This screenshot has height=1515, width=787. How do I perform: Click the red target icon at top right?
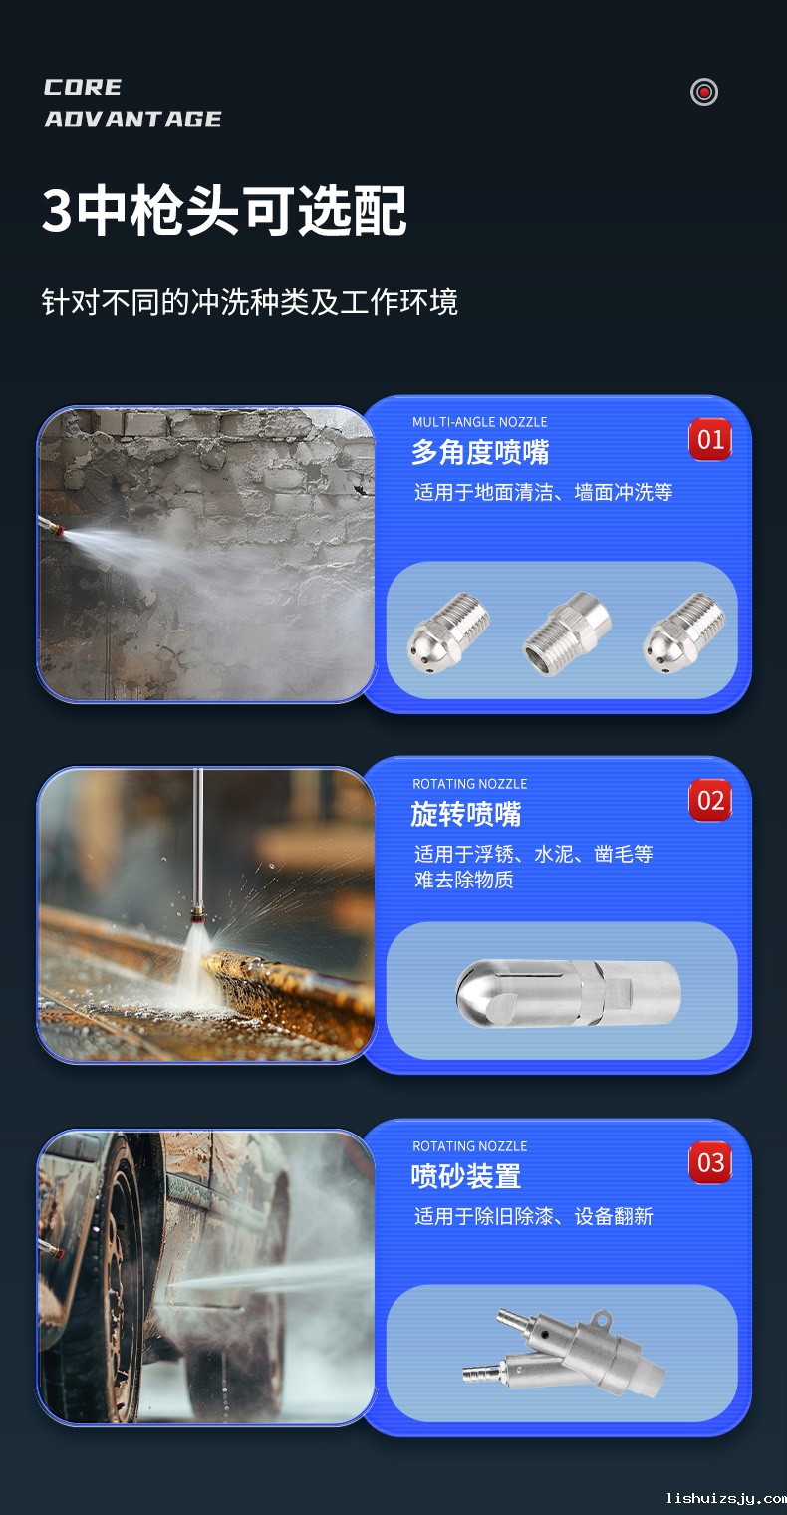click(704, 92)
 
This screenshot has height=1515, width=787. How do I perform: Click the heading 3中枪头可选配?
click(224, 211)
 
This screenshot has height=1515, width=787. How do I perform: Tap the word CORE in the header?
click(83, 88)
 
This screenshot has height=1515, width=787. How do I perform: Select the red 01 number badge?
click(710, 439)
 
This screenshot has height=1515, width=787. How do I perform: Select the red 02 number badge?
click(710, 800)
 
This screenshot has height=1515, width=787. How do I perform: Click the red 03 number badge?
click(710, 1162)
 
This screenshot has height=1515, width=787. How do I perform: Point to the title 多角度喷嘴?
click(480, 452)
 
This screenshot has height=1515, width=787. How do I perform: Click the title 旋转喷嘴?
click(466, 814)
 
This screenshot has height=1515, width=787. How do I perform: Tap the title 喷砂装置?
click(466, 1176)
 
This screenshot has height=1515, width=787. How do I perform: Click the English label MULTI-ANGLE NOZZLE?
click(480, 422)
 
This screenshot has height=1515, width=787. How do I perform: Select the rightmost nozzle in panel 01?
click(683, 635)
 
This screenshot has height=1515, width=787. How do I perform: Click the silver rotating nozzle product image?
click(568, 994)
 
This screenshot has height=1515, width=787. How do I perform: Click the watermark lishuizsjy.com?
click(725, 1498)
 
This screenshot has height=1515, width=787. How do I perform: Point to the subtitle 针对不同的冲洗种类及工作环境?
click(250, 302)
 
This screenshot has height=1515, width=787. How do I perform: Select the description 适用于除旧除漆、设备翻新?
click(534, 1216)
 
